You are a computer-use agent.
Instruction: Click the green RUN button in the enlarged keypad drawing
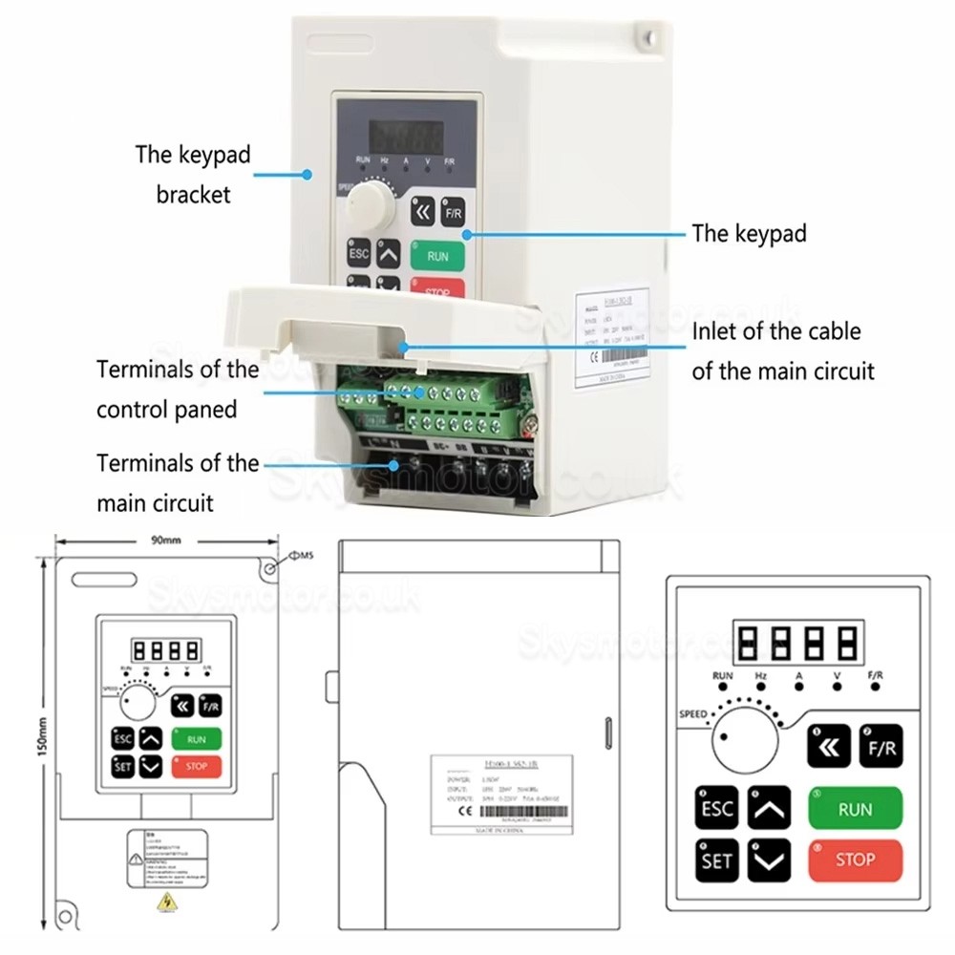tap(855, 809)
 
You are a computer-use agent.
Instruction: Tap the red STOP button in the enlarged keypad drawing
tap(855, 859)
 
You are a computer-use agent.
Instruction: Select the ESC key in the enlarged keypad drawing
tap(716, 809)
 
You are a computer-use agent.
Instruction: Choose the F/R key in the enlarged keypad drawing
tap(880, 747)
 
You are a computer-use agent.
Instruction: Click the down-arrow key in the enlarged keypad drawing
tap(769, 860)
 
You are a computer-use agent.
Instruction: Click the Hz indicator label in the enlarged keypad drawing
tap(761, 675)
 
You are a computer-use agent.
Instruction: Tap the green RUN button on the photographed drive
tap(437, 256)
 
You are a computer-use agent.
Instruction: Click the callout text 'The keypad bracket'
tap(193, 174)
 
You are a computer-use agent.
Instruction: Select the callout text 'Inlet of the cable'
tap(775, 331)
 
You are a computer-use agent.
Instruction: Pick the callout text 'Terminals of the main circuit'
tap(177, 482)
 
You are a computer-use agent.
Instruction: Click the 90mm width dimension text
tap(165, 541)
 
